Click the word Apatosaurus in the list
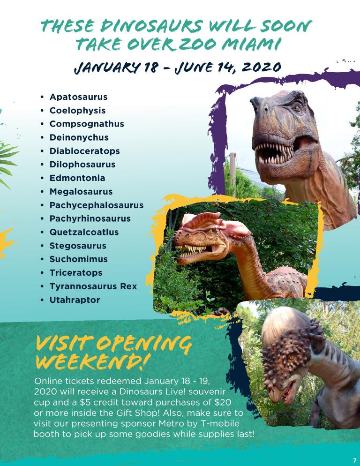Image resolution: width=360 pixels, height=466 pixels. pos(78,97)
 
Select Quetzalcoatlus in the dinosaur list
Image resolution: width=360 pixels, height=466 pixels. pos(84,232)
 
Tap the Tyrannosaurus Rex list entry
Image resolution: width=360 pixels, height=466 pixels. pos(93,286)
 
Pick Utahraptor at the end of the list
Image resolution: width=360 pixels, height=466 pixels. pos(75,300)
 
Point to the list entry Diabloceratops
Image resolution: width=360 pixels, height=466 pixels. pos(85,151)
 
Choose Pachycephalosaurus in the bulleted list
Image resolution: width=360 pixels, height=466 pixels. pos(97,205)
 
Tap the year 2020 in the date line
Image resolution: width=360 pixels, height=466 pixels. pos(262,67)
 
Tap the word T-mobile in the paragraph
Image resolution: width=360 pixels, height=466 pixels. pos(220,423)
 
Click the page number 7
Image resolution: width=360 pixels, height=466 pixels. pos(354,460)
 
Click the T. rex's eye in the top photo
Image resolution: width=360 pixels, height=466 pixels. pos(297,107)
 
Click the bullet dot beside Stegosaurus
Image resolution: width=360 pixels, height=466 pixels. pos(42,246)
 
